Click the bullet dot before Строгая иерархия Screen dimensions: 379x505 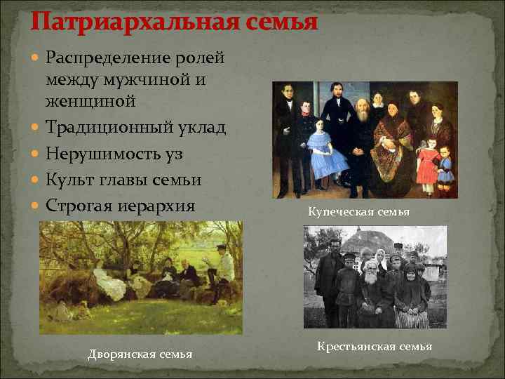tap(36, 206)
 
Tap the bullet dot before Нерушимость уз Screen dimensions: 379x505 tap(36, 154)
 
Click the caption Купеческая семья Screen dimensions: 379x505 tap(358, 211)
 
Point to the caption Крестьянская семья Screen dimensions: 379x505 tap(375, 346)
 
